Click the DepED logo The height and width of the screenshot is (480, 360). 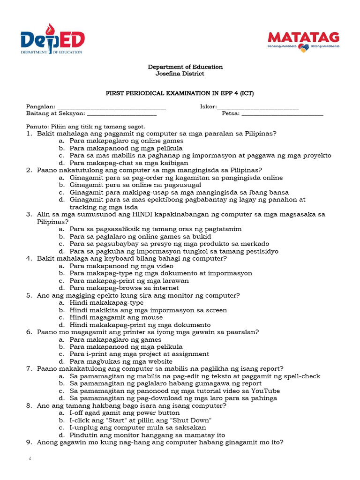(52, 42)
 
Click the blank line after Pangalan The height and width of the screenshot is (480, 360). (111, 107)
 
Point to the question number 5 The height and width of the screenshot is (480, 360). (29, 296)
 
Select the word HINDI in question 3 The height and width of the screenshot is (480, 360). (144, 215)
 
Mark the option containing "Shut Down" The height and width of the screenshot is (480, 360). (141, 420)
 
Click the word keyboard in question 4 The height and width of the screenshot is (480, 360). (105, 259)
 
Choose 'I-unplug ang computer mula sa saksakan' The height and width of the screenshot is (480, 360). (138, 428)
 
